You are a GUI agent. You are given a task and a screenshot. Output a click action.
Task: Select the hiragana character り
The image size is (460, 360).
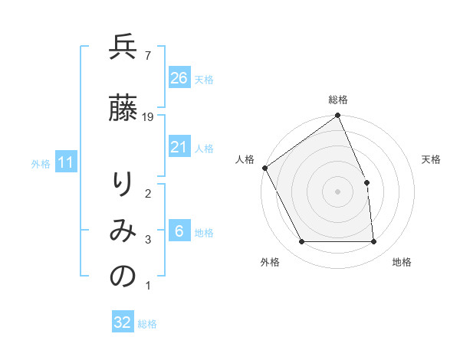click(x=123, y=185)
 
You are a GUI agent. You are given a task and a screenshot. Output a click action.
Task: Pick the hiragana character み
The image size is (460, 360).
click(x=123, y=231)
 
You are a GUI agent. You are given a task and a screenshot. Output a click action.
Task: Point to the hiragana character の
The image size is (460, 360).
click(x=123, y=277)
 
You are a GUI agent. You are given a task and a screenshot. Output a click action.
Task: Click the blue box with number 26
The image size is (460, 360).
click(x=179, y=78)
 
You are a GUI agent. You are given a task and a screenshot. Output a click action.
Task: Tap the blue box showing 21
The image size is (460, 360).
click(x=179, y=147)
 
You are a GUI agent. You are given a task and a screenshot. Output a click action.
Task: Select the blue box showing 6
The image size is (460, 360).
click(x=179, y=231)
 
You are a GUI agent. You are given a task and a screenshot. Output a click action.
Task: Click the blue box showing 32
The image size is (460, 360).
click(x=123, y=322)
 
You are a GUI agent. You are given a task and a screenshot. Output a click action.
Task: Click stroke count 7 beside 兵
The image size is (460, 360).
click(x=147, y=55)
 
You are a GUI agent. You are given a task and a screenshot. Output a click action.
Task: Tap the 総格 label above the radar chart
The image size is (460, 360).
click(x=338, y=100)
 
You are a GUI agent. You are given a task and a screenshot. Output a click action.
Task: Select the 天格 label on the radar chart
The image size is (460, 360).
click(x=432, y=159)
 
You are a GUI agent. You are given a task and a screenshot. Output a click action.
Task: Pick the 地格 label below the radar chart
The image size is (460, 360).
click(x=402, y=262)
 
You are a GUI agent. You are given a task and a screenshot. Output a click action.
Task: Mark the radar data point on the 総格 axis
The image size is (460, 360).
click(x=338, y=116)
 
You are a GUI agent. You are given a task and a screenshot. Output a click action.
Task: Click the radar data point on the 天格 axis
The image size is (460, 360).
click(x=366, y=182)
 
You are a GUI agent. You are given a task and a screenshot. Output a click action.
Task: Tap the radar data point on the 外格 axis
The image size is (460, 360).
click(x=302, y=242)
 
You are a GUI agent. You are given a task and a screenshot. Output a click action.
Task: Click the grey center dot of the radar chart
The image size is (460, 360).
click(x=338, y=191)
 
